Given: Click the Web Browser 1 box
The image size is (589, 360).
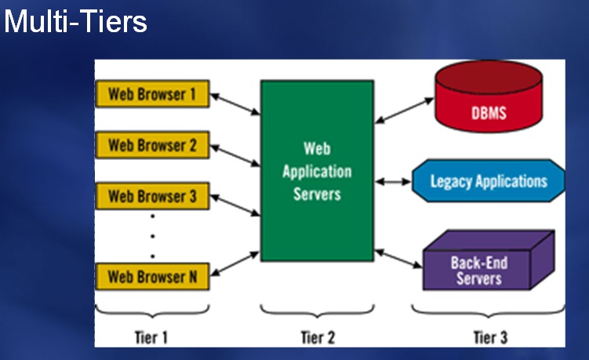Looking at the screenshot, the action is point(152,94).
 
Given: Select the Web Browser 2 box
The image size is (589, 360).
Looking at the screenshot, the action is point(152,145).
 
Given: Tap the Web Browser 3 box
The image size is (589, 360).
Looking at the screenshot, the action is point(152,196).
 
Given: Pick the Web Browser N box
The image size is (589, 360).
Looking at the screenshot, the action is point(152,277).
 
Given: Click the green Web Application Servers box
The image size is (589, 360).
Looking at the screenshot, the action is point(317,171).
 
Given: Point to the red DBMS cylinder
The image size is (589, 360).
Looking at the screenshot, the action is point(489,96).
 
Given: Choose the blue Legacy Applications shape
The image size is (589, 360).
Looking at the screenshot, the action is point(489,181).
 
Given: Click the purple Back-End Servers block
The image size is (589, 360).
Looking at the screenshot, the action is point(489,260).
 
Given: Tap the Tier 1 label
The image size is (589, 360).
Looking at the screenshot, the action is point(151,337).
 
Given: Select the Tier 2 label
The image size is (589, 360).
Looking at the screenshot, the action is point(318,337).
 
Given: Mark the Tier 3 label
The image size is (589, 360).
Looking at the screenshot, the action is point(490,337).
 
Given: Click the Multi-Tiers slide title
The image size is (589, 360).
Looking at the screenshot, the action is point(75,21).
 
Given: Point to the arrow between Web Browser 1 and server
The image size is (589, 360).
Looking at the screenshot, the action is point(235,104).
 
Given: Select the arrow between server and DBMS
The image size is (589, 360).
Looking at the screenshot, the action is point(405,111).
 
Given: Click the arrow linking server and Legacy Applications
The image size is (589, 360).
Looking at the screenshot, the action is point(393,182).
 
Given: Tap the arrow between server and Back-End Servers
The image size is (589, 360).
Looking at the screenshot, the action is point(398,259).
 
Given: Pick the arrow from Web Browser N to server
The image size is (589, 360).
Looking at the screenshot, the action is point(235,264).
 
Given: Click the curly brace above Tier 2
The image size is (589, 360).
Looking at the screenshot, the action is point(318,311).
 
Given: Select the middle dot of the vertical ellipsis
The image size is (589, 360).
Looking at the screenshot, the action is point(152,236).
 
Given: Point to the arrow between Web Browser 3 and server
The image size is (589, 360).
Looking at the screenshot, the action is point(235,205).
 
